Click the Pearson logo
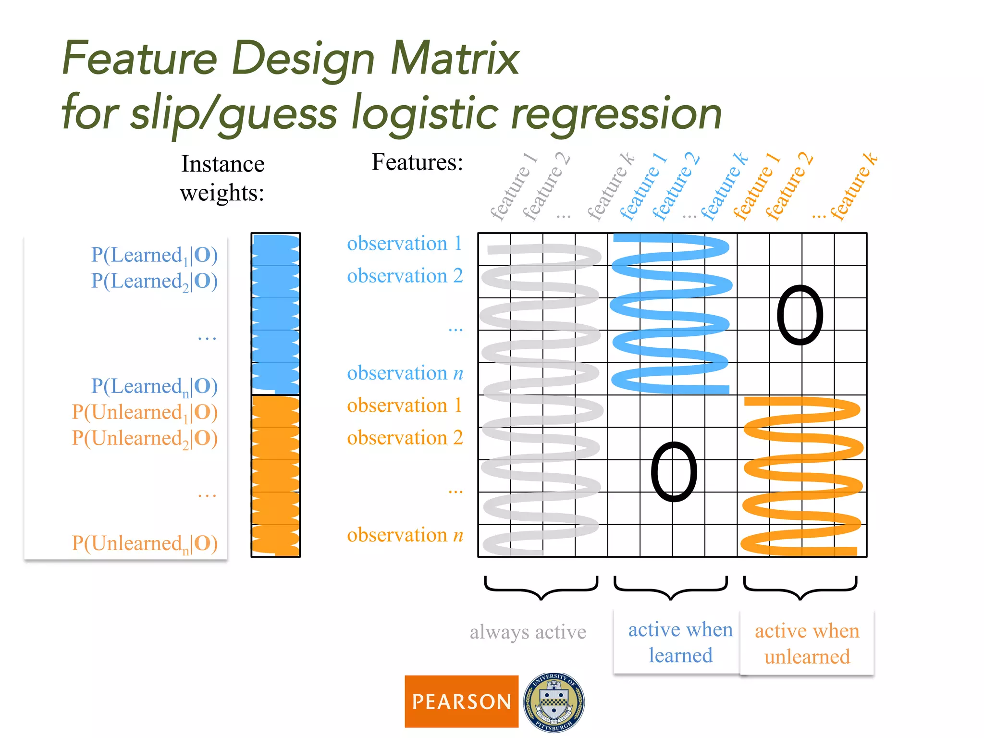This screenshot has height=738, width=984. pos(461,701)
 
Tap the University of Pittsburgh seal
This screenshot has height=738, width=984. pos(553,702)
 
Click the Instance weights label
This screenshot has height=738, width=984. pos(222,178)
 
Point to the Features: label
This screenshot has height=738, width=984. pos(417,162)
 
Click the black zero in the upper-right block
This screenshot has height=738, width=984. pos(800,315)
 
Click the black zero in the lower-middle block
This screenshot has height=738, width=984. pos(674,472)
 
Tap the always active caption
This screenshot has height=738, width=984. pos(528,632)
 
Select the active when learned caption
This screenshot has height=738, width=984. pos(680,642)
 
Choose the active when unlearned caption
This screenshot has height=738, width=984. pos(807,643)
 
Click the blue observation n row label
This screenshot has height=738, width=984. pos(405,373)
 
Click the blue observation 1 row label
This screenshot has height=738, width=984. pos(405,244)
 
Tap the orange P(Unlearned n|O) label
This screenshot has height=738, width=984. pos(145,543)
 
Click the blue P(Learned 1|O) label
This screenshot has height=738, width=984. pos(154,255)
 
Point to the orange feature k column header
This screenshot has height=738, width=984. pos(854,187)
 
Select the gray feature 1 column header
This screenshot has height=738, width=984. pos(513,187)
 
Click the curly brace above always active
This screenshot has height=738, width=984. pos(541,588)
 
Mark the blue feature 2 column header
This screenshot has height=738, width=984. pos(675,187)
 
